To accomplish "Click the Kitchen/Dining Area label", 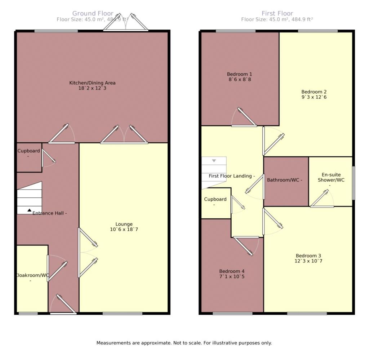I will [x=92, y=83].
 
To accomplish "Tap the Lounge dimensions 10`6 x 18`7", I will [x=124, y=229].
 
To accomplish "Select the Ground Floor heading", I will [x=93, y=14].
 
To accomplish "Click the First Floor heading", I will [x=277, y=14].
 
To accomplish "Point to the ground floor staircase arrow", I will [x=29, y=210].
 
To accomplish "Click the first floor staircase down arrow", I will [x=214, y=161].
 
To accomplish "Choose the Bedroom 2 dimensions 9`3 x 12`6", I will [x=314, y=97].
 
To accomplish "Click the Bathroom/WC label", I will [x=284, y=180].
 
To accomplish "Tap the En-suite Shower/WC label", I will [x=331, y=177].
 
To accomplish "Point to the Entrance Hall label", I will [x=50, y=213].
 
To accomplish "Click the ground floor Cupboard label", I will [x=29, y=151].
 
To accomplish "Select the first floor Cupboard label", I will [x=215, y=199].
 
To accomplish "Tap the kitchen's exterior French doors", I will [x=126, y=23].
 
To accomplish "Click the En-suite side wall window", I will [x=354, y=183].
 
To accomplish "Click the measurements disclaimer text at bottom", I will [x=184, y=343].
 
